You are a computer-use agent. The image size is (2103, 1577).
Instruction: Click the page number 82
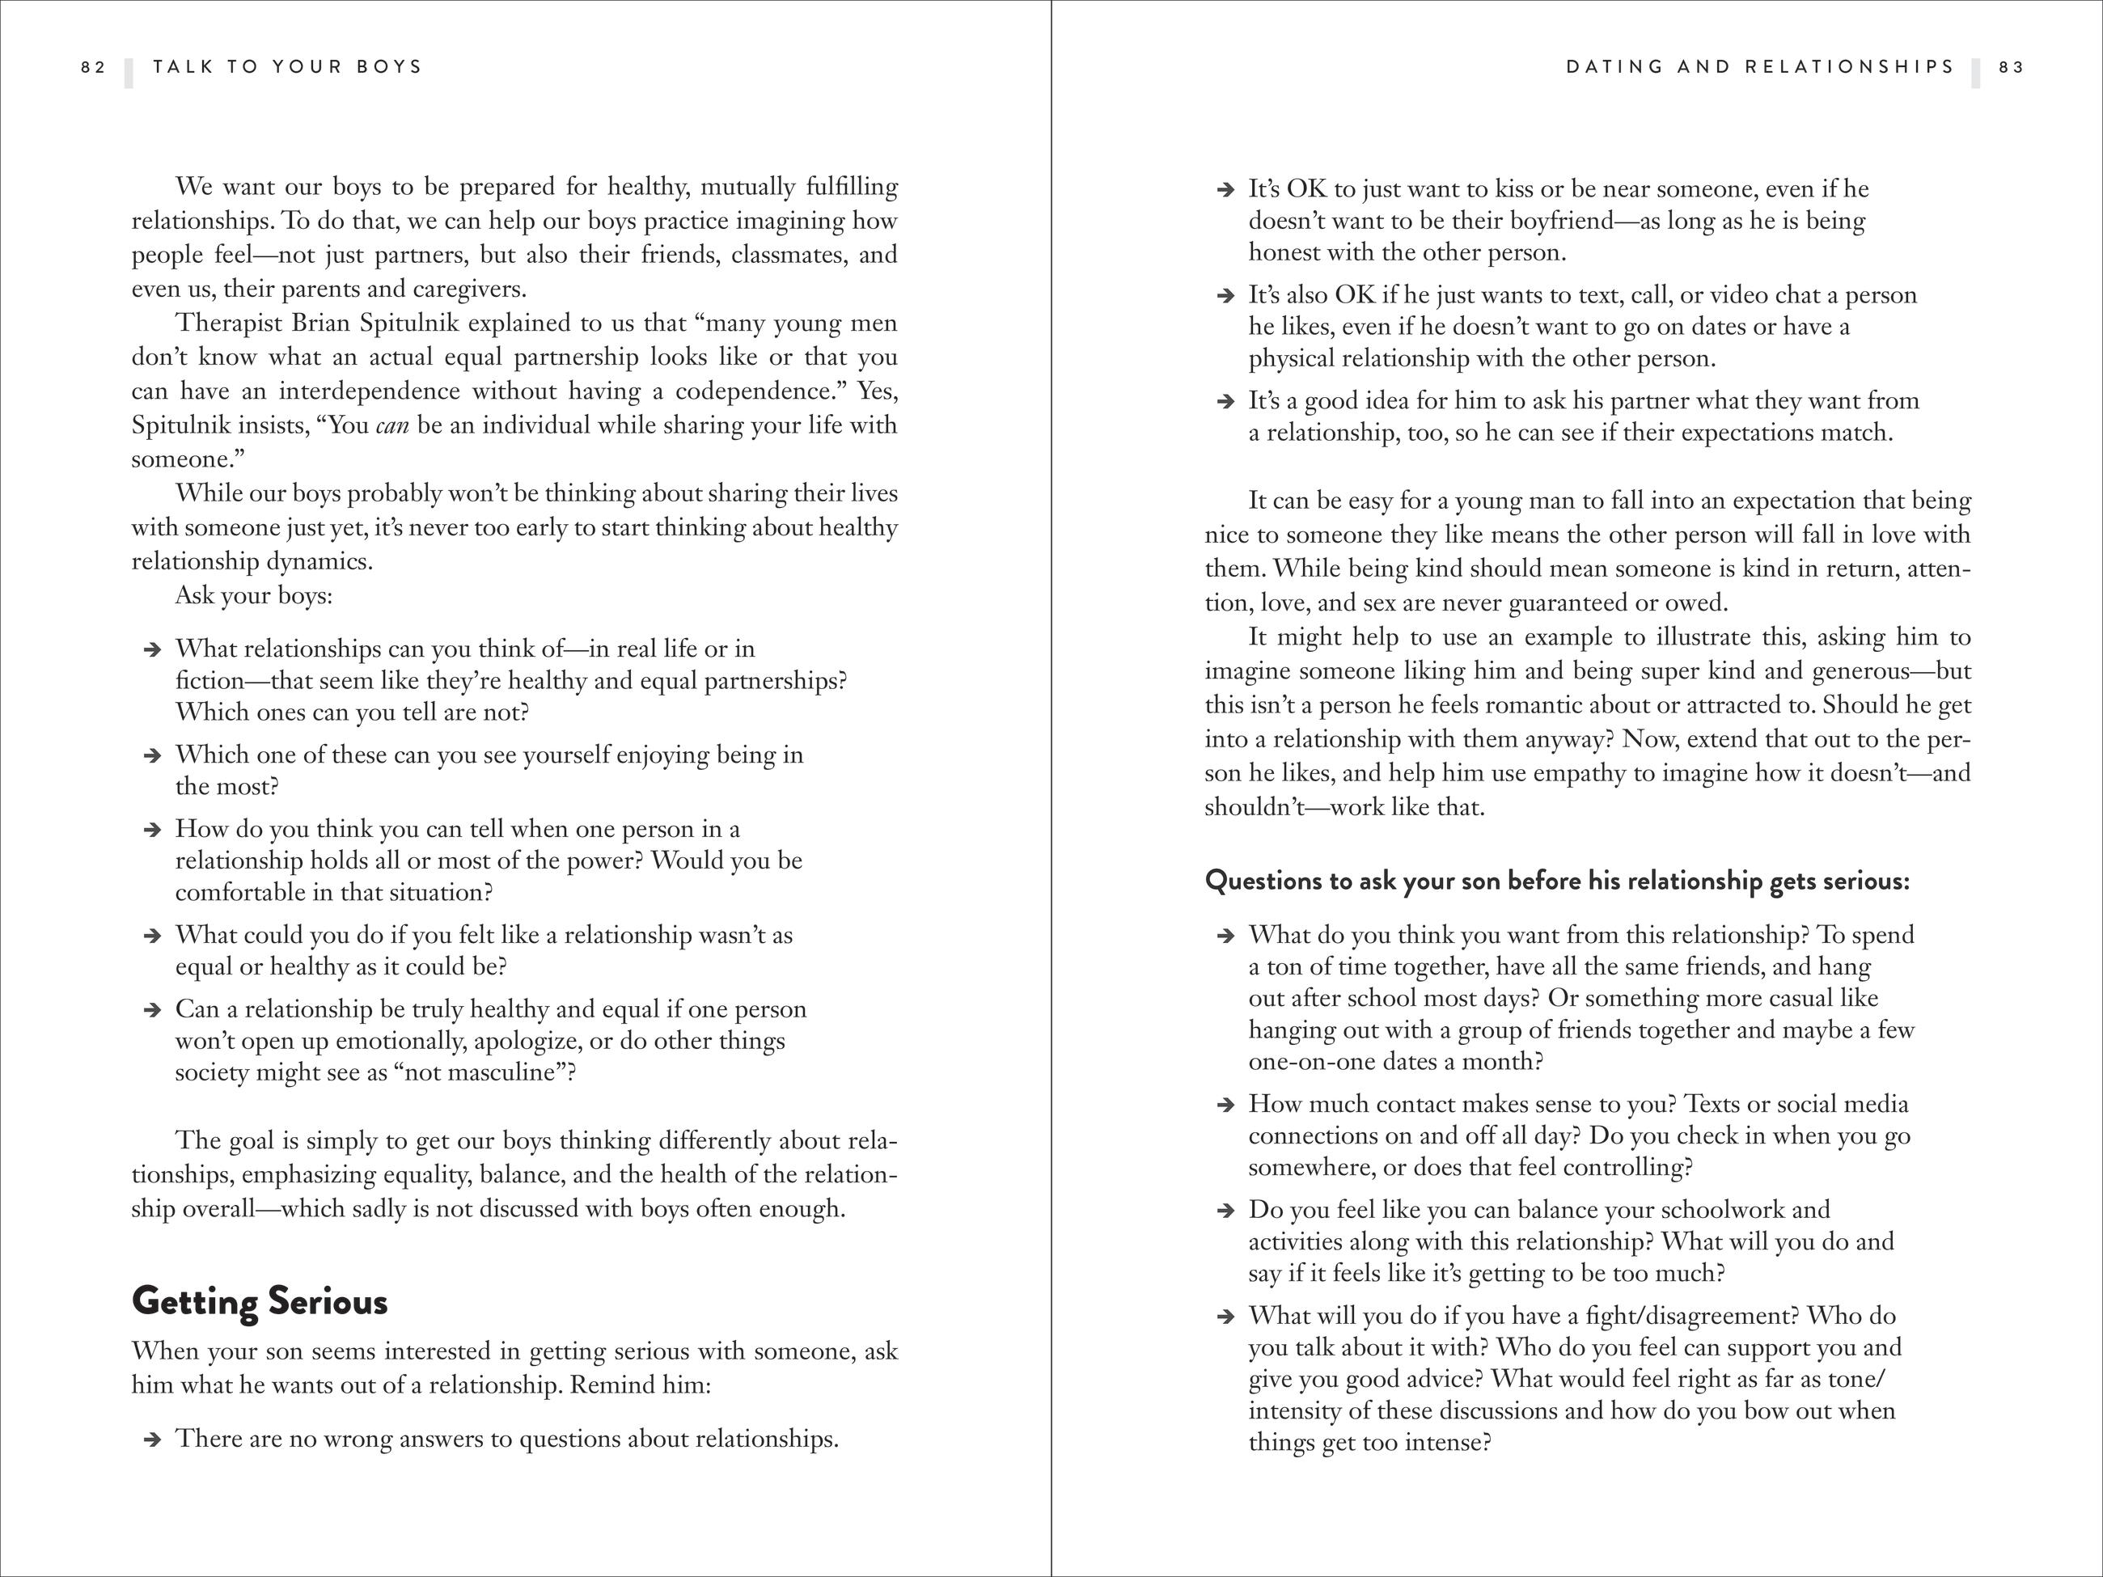93,67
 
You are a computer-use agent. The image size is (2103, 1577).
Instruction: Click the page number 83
2012,67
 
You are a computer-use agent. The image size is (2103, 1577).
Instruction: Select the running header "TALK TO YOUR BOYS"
287,67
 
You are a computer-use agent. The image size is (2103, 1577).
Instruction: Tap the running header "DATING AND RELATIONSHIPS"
1760,67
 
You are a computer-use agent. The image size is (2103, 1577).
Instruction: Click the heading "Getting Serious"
260,1301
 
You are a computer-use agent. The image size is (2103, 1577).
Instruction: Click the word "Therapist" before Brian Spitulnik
228,323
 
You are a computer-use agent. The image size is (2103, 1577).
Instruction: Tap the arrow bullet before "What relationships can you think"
151,650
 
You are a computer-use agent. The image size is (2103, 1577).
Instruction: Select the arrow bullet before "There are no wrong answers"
151,1440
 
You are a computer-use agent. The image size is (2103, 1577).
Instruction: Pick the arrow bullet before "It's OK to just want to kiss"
1225,190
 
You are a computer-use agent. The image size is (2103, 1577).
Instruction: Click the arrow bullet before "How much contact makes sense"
1225,1106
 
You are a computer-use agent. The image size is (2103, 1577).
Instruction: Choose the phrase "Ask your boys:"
254,596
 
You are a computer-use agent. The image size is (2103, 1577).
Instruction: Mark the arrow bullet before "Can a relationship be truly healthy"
151,1010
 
